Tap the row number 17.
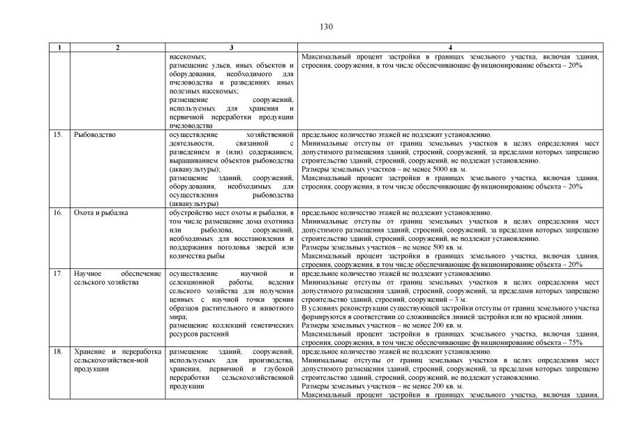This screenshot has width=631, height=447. tap(59, 274)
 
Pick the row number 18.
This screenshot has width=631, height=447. tap(59, 352)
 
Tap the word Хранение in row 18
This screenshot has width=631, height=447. tap(89, 352)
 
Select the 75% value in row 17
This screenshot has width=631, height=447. tap(575, 343)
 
